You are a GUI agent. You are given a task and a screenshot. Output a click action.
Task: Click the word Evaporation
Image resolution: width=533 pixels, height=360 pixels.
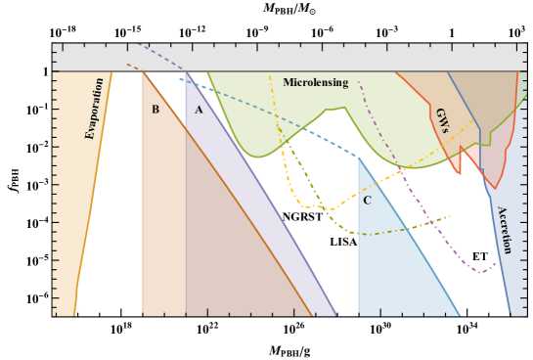click(95, 109)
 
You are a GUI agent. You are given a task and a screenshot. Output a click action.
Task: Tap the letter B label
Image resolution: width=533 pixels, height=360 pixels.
click(155, 110)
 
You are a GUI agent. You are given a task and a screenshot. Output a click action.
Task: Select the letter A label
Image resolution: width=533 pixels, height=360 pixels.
click(199, 110)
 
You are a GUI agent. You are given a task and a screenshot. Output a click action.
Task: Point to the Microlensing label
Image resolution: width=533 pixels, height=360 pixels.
click(315, 83)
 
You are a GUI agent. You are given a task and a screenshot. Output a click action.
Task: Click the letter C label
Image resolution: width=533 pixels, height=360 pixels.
click(367, 201)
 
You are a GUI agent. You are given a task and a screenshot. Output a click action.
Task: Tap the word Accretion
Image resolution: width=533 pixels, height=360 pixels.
click(505, 230)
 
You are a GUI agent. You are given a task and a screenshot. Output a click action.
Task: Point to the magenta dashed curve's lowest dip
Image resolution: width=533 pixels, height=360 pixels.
click(479, 271)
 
